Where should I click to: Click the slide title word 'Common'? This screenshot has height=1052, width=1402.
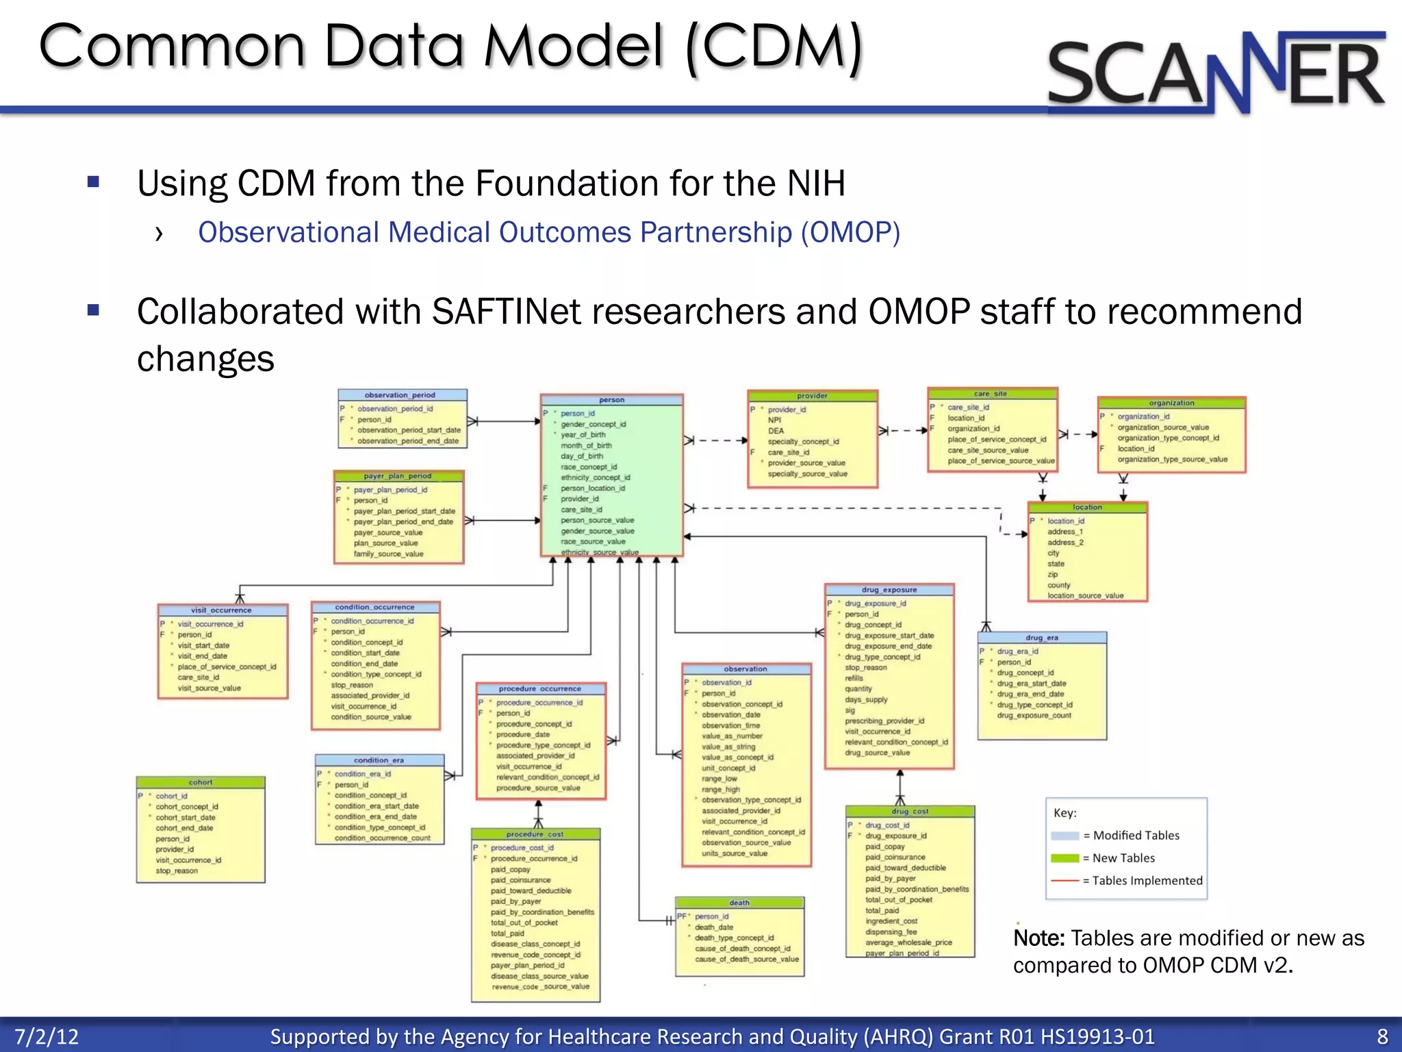pos(171,47)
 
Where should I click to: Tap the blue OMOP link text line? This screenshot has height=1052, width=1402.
pos(549,233)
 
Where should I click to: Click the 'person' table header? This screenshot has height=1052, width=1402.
pos(611,400)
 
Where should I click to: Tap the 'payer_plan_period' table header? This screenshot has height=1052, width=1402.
pos(398,476)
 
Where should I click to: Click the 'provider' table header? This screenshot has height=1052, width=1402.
pos(812,396)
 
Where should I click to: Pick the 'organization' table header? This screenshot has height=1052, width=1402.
pos(1171,403)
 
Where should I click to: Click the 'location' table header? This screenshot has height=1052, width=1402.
pos(1087,508)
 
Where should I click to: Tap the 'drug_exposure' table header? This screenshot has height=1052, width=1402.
pos(889,590)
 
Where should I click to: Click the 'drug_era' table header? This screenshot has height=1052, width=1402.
pos(1041,638)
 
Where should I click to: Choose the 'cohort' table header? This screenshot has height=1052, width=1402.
pos(201,782)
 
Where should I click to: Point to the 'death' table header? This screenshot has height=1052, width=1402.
pos(739,903)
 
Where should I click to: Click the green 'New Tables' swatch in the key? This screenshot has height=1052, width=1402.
pos(1065,858)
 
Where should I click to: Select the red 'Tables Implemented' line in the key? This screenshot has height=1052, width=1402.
pos(1065,881)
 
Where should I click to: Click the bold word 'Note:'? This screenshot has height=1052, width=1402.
pos(1038,938)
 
